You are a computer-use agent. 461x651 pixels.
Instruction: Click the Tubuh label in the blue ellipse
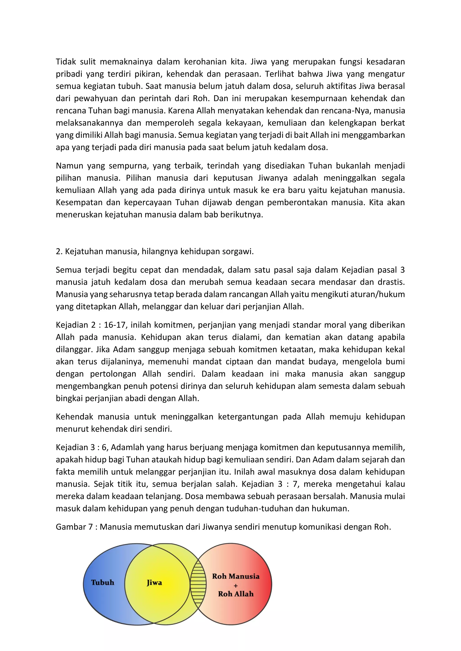pyautogui.click(x=102, y=582)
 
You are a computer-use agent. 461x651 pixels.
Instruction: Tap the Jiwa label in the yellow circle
pyautogui.click(x=154, y=583)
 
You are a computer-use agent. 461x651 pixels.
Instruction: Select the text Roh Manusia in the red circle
pyautogui.click(x=236, y=576)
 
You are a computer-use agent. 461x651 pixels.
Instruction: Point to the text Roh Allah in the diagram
pyautogui.click(x=236, y=594)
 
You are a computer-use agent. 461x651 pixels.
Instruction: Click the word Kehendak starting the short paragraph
pyautogui.click(x=74, y=417)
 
